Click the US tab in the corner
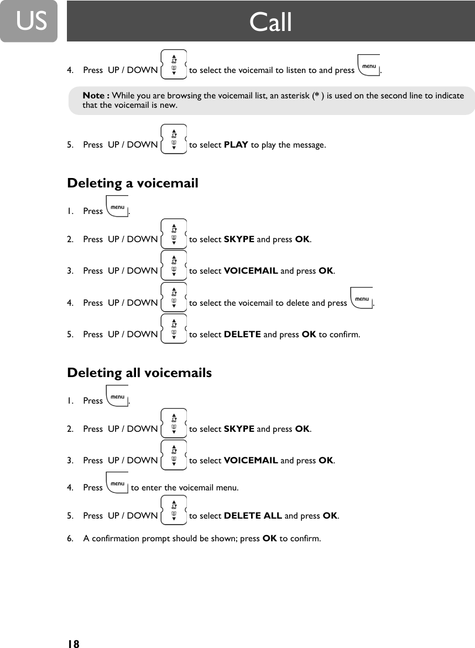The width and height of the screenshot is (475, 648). (x=28, y=21)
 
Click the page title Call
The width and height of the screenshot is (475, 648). (x=270, y=22)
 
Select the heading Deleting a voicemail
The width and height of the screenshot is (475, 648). (x=132, y=183)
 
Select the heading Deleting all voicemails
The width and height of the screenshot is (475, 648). (x=139, y=373)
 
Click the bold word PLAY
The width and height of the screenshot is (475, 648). (x=236, y=145)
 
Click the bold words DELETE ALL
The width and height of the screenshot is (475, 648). (x=253, y=516)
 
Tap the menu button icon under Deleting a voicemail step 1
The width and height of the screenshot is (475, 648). (x=117, y=208)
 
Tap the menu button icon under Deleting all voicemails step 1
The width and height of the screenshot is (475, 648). (x=117, y=398)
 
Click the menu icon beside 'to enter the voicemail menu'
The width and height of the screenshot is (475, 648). (x=117, y=485)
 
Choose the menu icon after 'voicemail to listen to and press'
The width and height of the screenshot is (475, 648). (x=369, y=67)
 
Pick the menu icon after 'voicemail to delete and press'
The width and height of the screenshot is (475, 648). (x=362, y=300)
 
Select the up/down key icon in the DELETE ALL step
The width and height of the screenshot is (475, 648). (x=174, y=510)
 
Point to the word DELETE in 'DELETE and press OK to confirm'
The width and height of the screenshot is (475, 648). (x=242, y=335)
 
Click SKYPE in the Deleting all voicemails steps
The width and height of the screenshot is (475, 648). (x=239, y=429)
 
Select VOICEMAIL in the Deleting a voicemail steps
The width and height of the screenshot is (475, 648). (x=250, y=271)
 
